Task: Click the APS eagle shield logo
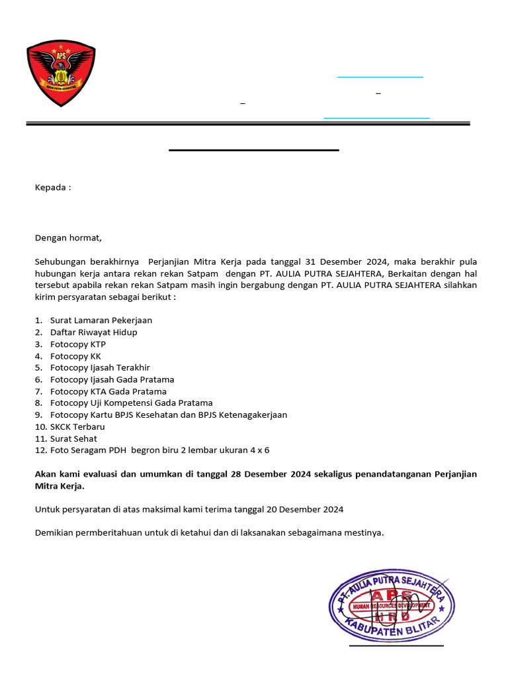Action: point(61,73)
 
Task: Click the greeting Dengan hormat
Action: point(69,238)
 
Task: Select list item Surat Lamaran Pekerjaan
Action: point(101,320)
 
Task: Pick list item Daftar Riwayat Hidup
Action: point(94,332)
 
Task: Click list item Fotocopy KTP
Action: point(78,344)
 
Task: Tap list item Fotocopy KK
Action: point(75,356)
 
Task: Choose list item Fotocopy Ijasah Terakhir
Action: point(100,367)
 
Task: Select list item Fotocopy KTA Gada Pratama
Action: point(108,391)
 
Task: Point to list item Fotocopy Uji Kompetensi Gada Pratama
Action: point(132,403)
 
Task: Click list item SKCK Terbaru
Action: point(77,426)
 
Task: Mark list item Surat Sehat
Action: point(73,438)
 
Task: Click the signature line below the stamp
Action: point(396,645)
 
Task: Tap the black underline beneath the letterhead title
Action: point(254,150)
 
